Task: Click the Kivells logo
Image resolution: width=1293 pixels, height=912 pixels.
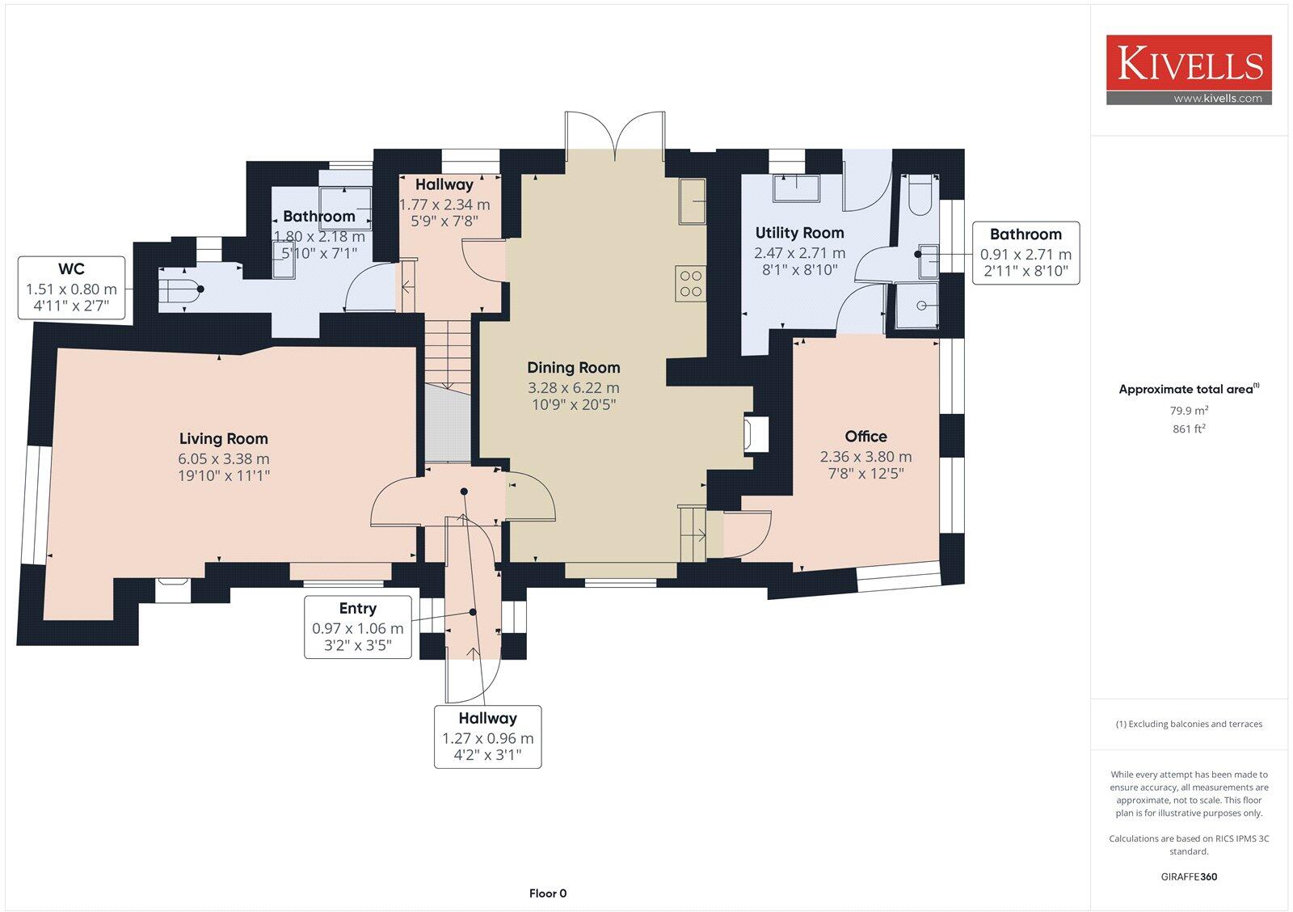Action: pos(1189,70)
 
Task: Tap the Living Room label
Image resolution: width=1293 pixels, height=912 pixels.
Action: pos(223,439)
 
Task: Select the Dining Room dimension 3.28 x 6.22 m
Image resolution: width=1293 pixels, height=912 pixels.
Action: pos(574,387)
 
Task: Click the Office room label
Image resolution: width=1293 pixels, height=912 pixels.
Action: pos(866,436)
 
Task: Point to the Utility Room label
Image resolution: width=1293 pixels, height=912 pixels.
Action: pos(799,233)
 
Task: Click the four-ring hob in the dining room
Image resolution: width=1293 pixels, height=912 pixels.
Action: pos(690,284)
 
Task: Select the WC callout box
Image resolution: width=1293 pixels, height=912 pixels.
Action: pos(72,288)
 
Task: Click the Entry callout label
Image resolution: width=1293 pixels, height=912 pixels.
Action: pos(358,608)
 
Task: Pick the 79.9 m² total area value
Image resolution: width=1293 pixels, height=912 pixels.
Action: pos(1189,411)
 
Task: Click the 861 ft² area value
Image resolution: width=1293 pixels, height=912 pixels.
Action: pos(1189,429)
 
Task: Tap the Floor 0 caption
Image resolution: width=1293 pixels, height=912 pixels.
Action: pos(548,893)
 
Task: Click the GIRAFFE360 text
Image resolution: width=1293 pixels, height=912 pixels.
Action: pos(1189,876)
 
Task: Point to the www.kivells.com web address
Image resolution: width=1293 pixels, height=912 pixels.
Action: pos(1218,98)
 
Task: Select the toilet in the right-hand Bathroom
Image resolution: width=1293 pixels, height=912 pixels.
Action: pos(920,195)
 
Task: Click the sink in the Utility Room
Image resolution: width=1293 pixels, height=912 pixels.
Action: pos(797,188)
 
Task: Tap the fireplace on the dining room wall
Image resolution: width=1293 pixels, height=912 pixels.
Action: pos(756,434)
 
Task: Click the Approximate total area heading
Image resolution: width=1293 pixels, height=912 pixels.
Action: pos(1189,389)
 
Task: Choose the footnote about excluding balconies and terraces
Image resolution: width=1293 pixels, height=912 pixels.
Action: pos(1189,724)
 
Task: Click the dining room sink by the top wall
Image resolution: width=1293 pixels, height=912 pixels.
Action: pos(693,201)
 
